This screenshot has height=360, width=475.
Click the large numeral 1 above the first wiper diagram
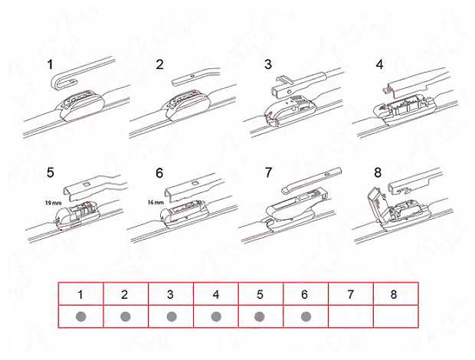[x=50, y=64]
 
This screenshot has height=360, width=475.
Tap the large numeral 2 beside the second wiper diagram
[x=159, y=64]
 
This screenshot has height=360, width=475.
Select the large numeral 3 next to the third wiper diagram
[x=268, y=64]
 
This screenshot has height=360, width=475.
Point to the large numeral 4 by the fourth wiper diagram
[x=379, y=64]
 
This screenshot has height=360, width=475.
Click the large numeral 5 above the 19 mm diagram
[x=51, y=172]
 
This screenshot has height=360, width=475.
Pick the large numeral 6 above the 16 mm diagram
[x=159, y=173]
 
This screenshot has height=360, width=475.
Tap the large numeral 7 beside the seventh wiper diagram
[x=268, y=172]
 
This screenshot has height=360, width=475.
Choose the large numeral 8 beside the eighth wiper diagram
[x=378, y=172]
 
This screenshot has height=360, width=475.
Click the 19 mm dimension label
[x=54, y=203]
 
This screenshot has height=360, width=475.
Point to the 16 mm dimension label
[x=156, y=202]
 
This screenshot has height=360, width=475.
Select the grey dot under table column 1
[x=81, y=316]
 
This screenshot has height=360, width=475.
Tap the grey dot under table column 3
[x=172, y=316]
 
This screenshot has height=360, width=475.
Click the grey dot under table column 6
[x=306, y=316]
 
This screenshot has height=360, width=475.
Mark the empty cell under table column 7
[x=351, y=316]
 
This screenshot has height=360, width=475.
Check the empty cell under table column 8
[x=396, y=316]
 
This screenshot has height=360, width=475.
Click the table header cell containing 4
[x=216, y=293]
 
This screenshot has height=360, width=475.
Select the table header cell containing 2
[x=126, y=293]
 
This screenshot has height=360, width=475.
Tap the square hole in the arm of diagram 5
[x=86, y=184]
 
